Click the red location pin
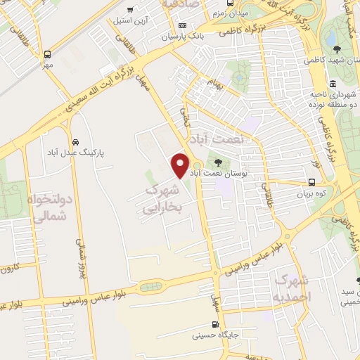pyautogui.click(x=180, y=164)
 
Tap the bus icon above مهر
pyautogui.click(x=47, y=53)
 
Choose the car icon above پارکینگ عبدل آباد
pyautogui.click(x=75, y=139)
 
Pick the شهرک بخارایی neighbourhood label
pyautogui.click(x=162, y=199)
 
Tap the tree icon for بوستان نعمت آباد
pyautogui.click(x=216, y=162)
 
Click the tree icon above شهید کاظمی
pyautogui.click(x=337, y=49)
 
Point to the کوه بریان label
pyautogui.click(x=313, y=191)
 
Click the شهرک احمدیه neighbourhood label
pyautogui.click(x=293, y=288)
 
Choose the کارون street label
pyautogui.click(x=8, y=267)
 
